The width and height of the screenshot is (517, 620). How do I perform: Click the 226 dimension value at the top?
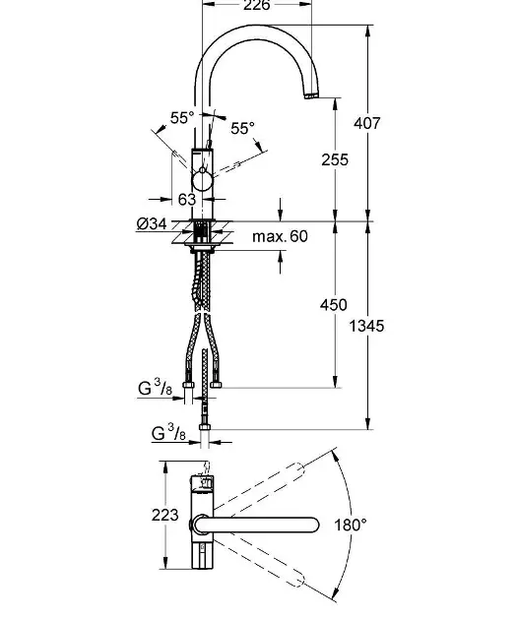pos(257,5)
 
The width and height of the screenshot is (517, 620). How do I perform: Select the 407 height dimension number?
pos(367,123)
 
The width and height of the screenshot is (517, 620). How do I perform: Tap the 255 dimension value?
pos(335,159)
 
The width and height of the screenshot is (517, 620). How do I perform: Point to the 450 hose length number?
pos(334,305)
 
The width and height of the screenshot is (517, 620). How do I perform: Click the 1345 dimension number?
pos(366,326)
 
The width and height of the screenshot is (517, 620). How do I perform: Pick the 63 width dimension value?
pos(187,199)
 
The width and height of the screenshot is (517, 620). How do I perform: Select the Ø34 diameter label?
pos(152,223)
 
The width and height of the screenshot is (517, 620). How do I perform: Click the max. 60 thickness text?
pos(280,236)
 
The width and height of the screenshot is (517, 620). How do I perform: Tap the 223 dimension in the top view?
pos(165,515)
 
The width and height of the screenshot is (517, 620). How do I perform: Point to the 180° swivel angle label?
pos(351,526)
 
